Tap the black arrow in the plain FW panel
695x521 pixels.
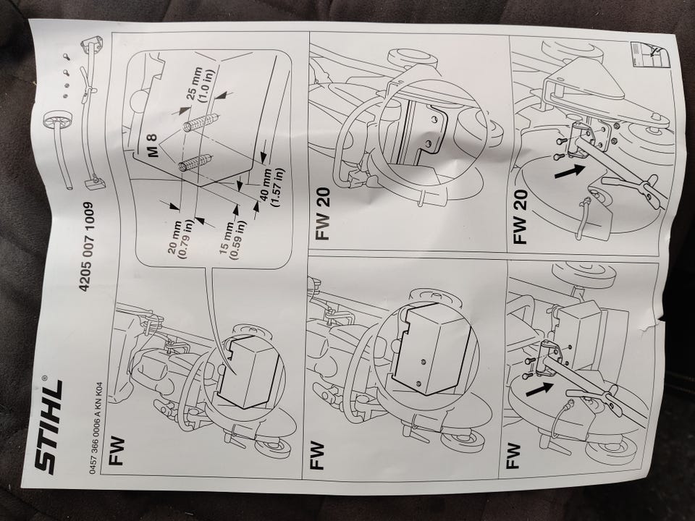pyautogui.click(x=536, y=389)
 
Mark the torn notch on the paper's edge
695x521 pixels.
pyautogui.click(x=660, y=322)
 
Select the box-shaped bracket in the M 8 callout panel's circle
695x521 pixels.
pyautogui.click(x=250, y=369)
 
